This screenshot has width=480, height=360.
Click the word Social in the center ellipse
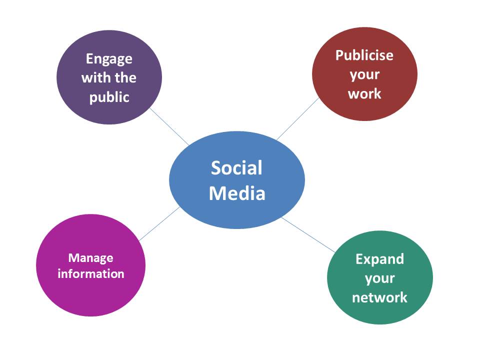click(x=236, y=168)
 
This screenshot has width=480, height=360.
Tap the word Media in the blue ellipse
click(x=236, y=193)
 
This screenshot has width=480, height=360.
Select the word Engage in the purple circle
click(x=109, y=59)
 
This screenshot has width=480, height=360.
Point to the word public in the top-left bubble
click(x=109, y=97)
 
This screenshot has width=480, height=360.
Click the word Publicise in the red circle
click(x=364, y=55)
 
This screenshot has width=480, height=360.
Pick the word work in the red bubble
click(x=364, y=93)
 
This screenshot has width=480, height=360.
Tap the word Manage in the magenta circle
click(x=90, y=258)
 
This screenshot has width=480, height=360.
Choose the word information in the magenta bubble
click(x=90, y=274)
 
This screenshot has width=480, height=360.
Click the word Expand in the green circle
click(x=379, y=259)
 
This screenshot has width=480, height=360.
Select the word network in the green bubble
click(x=379, y=297)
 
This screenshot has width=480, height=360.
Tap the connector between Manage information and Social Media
click(x=159, y=223)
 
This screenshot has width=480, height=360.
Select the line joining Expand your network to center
click(x=307, y=233)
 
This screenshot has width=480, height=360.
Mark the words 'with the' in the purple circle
click(x=109, y=78)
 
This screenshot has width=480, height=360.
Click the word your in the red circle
click(x=364, y=74)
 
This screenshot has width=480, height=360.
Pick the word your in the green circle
click(x=379, y=278)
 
